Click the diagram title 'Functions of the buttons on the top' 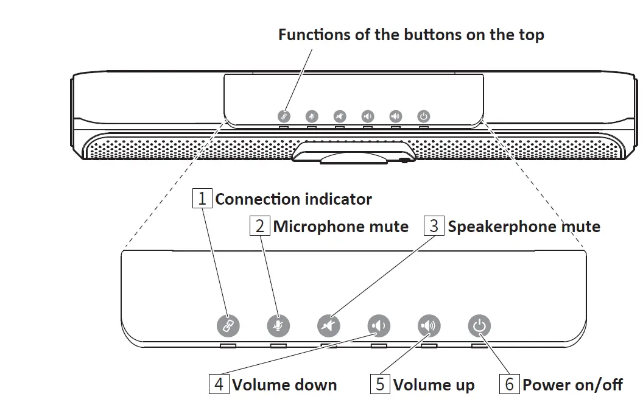tap(411, 35)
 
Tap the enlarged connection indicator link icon tap(228, 326)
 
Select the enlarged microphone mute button tap(278, 326)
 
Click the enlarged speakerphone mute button tap(329, 326)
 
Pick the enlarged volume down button tap(379, 326)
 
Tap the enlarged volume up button tap(429, 326)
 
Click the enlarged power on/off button tap(479, 326)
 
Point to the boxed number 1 tap(202, 199)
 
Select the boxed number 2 tap(260, 226)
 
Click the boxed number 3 tap(434, 226)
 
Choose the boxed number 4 tap(219, 384)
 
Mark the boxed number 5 tap(380, 384)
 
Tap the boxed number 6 tap(509, 384)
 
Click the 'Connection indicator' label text tap(293, 199)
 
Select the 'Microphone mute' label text tap(341, 227)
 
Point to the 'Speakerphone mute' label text tap(524, 227)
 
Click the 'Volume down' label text tap(284, 385)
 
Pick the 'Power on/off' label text tap(573, 385)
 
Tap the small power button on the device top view tap(424, 116)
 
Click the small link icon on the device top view tap(283, 116)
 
